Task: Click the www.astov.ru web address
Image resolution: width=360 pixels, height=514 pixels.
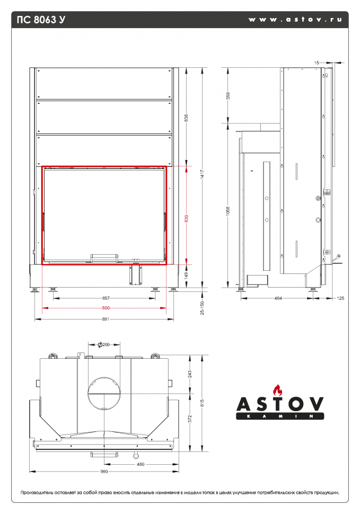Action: click(x=295, y=20)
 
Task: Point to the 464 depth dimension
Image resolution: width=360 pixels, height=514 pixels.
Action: click(x=278, y=298)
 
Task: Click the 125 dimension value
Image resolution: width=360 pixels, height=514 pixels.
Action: click(x=340, y=298)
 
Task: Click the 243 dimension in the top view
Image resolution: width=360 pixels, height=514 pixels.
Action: click(x=190, y=374)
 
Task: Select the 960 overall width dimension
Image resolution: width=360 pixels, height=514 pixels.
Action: click(x=104, y=471)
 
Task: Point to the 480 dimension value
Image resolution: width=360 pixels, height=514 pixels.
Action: click(x=141, y=464)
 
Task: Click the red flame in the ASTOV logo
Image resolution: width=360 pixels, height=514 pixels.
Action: click(x=275, y=390)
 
